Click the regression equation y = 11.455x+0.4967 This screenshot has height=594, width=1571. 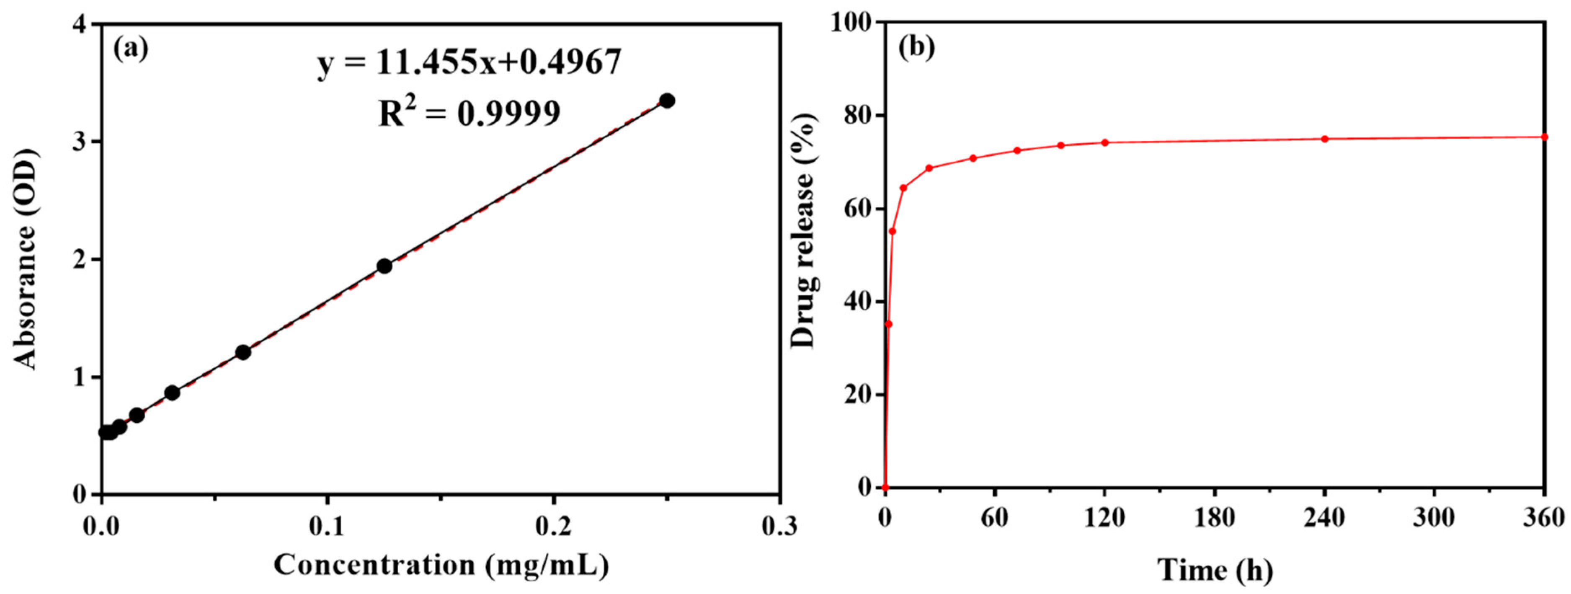[469, 63]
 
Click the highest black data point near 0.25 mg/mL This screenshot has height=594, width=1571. [667, 101]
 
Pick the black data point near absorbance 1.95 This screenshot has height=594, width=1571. [384, 266]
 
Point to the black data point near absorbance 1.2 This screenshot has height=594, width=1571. [243, 352]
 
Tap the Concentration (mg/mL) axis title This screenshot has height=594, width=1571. [441, 565]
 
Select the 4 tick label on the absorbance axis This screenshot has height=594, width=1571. [79, 24]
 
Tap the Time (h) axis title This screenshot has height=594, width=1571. [1215, 570]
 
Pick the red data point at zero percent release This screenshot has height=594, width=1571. [885, 487]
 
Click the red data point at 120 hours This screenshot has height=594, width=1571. [1104, 143]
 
